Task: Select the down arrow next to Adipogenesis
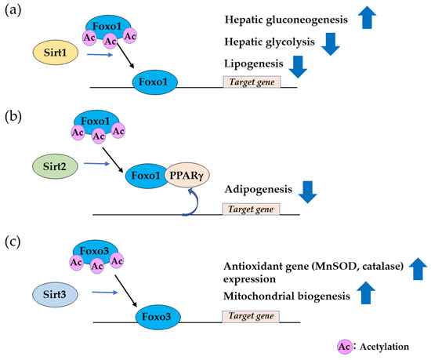click(306, 191)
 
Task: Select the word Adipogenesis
click(258, 190)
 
